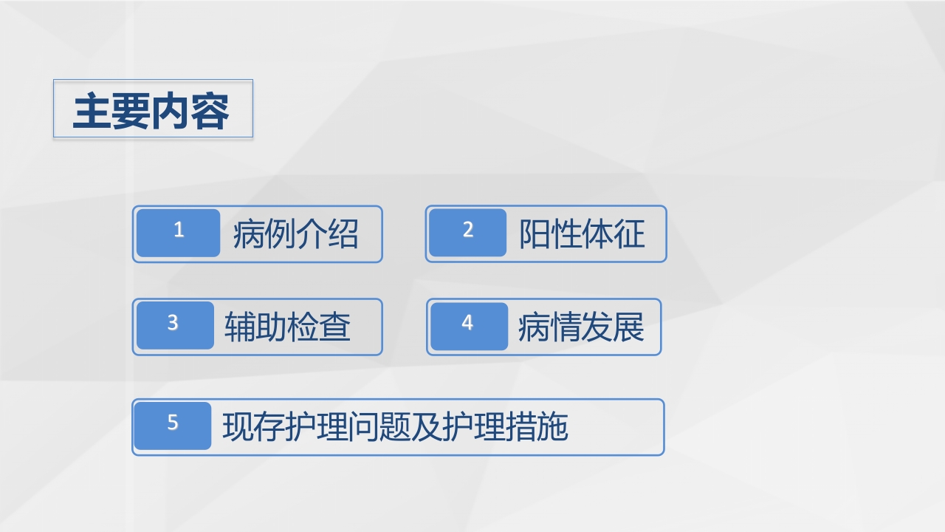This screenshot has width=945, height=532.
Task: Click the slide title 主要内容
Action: [151, 110]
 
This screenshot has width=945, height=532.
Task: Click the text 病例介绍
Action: [295, 234]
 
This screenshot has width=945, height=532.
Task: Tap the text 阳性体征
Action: [582, 234]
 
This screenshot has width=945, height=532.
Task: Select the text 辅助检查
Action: [287, 327]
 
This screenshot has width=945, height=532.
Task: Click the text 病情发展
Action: [581, 327]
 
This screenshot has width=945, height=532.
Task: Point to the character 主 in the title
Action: [92, 111]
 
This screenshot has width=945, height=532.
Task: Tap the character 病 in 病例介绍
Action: [248, 234]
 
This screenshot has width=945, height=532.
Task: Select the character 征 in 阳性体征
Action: [630, 234]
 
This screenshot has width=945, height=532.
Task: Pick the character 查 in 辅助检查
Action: [335, 327]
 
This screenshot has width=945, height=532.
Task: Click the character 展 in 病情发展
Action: [629, 327]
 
